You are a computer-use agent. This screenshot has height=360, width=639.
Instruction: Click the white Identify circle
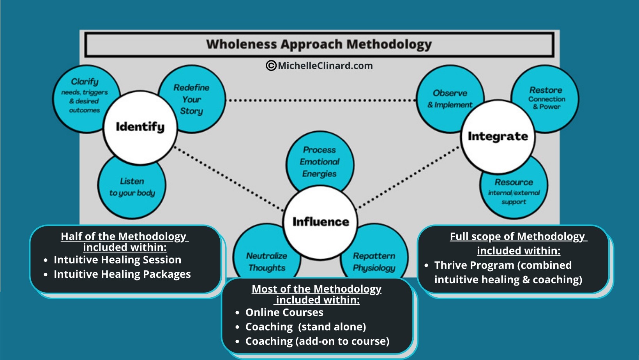tap(140, 127)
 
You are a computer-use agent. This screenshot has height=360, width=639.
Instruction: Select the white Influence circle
tap(320, 222)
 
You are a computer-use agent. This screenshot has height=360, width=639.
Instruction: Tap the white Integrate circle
tap(498, 136)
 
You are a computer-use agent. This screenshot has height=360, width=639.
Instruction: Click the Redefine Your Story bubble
tap(192, 99)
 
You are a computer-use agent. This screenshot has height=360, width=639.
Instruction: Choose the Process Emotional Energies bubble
tap(319, 161)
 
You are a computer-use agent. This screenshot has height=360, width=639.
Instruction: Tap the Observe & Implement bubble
tap(450, 98)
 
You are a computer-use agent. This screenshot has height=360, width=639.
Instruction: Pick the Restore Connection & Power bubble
tap(545, 98)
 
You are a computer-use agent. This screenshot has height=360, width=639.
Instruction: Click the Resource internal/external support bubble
tap(514, 192)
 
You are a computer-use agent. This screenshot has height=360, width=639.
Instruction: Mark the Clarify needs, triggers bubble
tap(84, 96)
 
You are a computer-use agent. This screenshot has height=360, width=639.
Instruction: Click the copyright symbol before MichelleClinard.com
tap(271, 65)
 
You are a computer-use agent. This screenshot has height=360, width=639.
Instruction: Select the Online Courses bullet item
tap(284, 312)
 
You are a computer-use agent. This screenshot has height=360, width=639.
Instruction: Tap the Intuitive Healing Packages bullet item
tap(122, 274)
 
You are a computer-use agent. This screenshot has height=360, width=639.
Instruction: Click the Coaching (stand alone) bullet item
tap(305, 327)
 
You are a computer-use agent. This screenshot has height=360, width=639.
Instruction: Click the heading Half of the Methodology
tap(124, 236)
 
